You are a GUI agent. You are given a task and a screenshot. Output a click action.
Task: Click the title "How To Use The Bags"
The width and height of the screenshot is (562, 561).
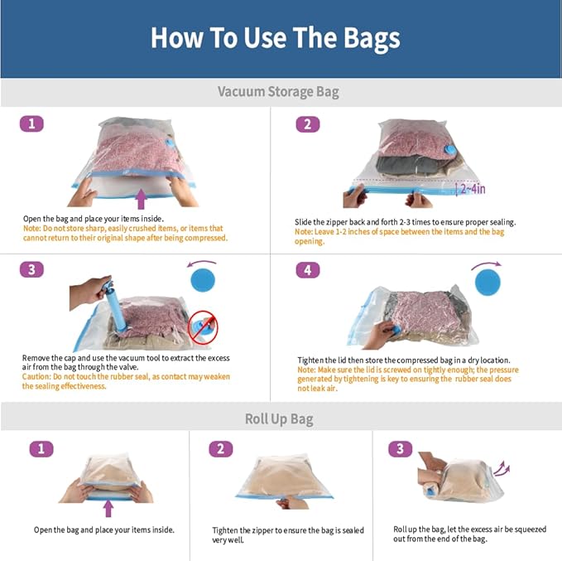tap(275, 37)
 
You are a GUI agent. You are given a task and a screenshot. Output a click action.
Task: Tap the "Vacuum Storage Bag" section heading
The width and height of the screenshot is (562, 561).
tap(278, 91)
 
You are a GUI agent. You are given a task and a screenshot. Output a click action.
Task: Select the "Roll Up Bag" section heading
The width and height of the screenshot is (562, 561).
tap(279, 418)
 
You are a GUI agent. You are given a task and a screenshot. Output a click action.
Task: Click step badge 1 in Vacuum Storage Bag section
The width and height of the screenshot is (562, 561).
tap(31, 124)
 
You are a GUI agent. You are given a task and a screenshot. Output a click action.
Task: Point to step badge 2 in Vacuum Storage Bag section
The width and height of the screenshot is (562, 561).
tap(307, 124)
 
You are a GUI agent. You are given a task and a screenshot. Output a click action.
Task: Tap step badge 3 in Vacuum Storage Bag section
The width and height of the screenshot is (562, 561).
tap(31, 269)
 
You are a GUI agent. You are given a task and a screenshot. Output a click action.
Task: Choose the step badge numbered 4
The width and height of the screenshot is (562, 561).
tap(307, 269)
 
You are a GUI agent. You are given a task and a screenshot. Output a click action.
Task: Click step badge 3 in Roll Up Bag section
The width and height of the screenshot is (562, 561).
tap(400, 448)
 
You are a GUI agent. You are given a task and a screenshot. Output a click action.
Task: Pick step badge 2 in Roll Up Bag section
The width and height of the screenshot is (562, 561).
tap(220, 448)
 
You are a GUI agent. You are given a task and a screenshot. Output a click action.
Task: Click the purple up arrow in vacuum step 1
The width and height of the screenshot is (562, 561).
tap(142, 198)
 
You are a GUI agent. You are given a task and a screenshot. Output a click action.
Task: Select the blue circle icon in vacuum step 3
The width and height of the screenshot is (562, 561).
tap(203, 277)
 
